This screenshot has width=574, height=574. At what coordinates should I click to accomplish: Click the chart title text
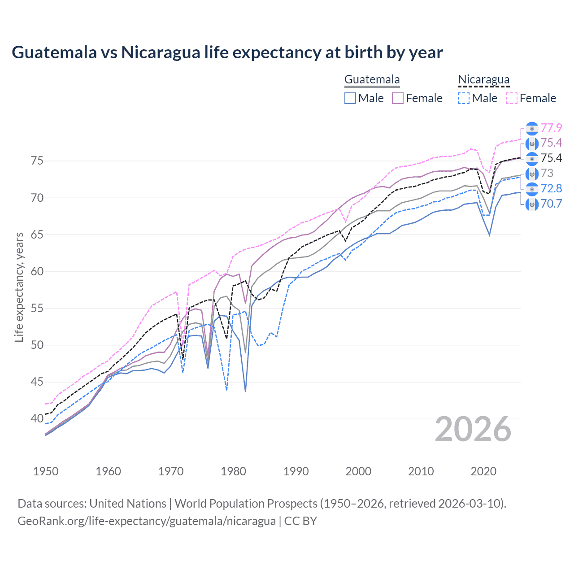point(227,52)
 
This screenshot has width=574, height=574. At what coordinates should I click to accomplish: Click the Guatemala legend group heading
point(372,80)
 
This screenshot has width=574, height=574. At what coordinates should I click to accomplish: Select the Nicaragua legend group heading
point(483,80)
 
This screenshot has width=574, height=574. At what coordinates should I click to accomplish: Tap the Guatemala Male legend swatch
point(350,98)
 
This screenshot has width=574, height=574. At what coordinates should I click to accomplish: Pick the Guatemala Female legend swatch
point(398,98)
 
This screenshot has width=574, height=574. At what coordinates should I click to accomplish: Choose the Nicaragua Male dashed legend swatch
point(464,98)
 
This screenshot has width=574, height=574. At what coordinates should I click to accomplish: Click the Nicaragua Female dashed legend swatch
point(512,98)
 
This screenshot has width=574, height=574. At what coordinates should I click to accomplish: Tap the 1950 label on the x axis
point(46,471)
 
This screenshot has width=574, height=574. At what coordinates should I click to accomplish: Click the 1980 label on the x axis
point(234,471)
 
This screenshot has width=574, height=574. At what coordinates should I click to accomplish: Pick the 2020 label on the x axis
point(483,471)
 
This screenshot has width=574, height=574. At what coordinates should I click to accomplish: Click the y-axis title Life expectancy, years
point(19,287)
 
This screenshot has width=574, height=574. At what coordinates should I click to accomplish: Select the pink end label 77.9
point(551,128)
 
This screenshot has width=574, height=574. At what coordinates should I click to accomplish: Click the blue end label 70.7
point(551,204)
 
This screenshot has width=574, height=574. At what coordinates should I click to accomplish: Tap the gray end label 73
point(547,173)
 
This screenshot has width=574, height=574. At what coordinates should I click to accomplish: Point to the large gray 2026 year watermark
point(473,429)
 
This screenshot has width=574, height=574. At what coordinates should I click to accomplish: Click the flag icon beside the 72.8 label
point(531,189)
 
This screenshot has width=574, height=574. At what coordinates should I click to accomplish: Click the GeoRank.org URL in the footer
point(147,521)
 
